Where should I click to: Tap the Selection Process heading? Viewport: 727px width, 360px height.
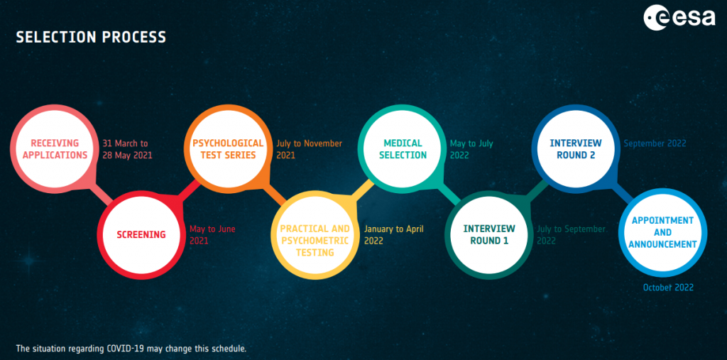tap(91, 37)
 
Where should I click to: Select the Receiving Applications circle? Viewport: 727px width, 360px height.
tap(55, 148)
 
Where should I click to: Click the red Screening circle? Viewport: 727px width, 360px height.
tap(141, 235)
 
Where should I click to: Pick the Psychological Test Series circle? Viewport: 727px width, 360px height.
tap(229, 148)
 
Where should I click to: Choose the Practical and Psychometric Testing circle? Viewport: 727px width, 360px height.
tap(315, 235)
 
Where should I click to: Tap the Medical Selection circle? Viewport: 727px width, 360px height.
tap(403, 148)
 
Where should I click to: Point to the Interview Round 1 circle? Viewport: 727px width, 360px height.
tap(489, 235)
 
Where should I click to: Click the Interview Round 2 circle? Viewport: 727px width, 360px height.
tap(576, 148)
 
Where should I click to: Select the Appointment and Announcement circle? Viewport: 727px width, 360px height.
tap(663, 232)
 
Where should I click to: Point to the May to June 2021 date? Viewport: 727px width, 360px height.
tap(212, 235)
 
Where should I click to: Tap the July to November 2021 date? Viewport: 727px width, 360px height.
tap(310, 149)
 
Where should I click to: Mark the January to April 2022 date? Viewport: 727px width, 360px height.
tap(393, 235)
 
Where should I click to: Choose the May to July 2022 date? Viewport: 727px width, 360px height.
tap(471, 149)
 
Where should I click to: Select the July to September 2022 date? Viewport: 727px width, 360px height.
tap(572, 235)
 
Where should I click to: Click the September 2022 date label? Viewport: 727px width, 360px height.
tap(655, 144)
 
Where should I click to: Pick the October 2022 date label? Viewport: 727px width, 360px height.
tap(668, 288)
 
